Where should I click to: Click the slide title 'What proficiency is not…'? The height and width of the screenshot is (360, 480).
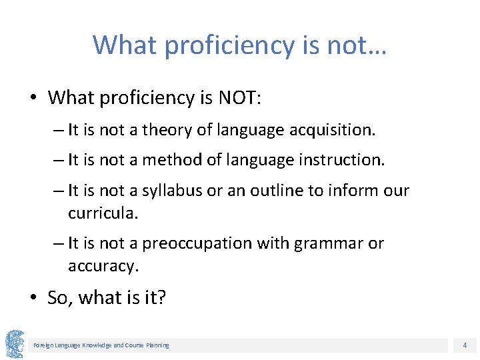click(240, 45)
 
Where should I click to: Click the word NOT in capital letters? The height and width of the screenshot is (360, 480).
click(239, 98)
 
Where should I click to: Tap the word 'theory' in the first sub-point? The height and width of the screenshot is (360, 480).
click(158, 130)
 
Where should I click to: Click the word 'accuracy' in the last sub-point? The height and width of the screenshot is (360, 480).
click(102, 266)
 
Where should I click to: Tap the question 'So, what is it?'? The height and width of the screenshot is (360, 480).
click(107, 297)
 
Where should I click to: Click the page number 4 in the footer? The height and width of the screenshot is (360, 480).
click(465, 345)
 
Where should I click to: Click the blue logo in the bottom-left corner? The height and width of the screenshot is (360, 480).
click(15, 344)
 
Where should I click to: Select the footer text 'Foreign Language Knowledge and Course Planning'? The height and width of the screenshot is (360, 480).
click(101, 345)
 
